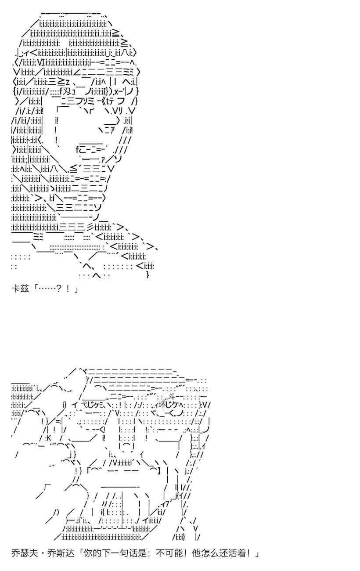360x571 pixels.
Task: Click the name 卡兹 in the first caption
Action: click(x=20, y=289)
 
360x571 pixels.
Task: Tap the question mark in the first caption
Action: click(x=59, y=289)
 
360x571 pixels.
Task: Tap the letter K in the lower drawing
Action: click(x=49, y=437)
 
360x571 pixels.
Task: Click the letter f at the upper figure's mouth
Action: click(x=78, y=149)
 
